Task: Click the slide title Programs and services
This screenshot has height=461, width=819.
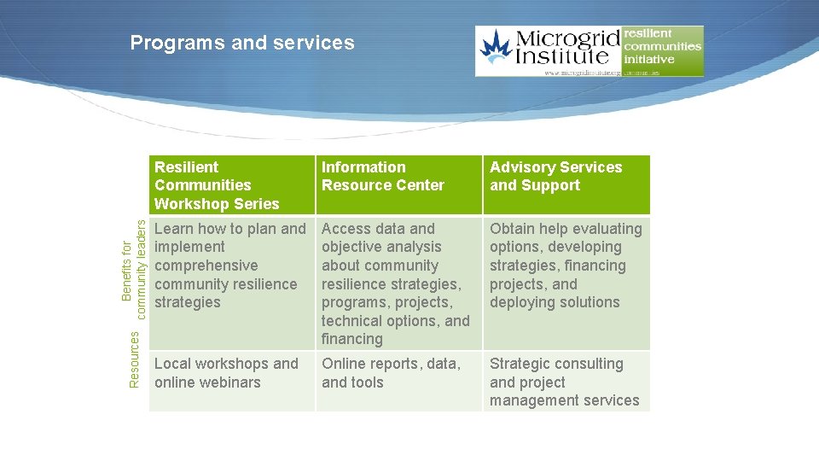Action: pyautogui.click(x=242, y=43)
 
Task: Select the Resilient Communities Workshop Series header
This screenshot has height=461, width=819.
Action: pyautogui.click(x=217, y=185)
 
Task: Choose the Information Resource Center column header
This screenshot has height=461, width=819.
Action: pyautogui.click(x=383, y=176)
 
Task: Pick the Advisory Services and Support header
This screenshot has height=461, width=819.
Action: pyautogui.click(x=555, y=176)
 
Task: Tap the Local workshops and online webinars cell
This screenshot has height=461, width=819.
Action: pyautogui.click(x=226, y=373)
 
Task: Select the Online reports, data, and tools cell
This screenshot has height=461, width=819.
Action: pyautogui.click(x=391, y=373)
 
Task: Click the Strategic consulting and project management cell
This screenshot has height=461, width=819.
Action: pyautogui.click(x=564, y=382)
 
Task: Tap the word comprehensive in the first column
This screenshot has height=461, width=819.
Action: pyautogui.click(x=206, y=266)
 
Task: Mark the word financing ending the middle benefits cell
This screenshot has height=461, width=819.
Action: pyautogui.click(x=351, y=339)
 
